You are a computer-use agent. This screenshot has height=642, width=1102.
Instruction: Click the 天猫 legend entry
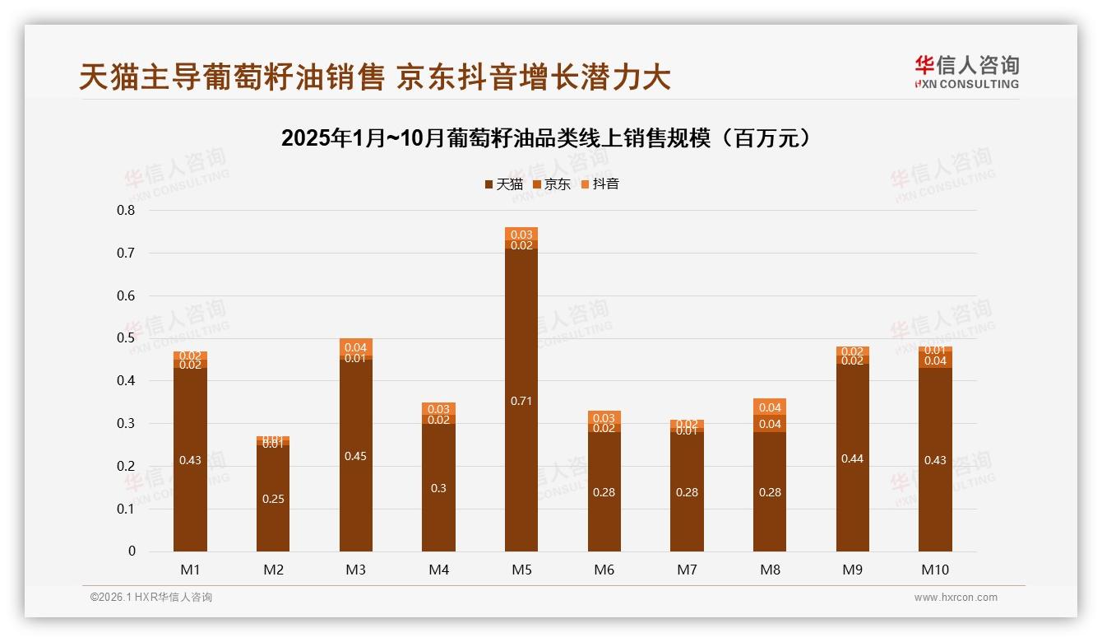coord(503,184)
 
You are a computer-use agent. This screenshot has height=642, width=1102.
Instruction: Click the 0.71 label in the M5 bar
coord(521,401)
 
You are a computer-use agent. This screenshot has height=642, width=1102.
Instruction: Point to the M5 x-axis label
coord(521,570)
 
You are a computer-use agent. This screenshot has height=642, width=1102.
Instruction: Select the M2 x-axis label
coord(273,570)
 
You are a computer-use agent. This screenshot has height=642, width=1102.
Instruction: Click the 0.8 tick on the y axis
coord(126,210)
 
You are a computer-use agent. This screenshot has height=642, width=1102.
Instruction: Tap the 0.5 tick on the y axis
coord(126,338)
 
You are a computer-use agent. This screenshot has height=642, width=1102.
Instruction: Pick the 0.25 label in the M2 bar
coord(273,499)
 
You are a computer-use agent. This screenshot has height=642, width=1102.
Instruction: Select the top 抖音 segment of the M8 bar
coord(770,407)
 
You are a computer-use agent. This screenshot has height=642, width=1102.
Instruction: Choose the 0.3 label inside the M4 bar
coord(438,488)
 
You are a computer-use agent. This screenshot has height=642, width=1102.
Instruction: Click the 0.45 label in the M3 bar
coord(355,456)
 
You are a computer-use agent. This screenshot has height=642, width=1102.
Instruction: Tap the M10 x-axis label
coord(935,570)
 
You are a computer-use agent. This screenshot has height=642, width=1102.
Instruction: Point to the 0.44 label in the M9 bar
coord(853,458)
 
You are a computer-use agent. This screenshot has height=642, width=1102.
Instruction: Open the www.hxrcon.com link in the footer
coord(956,598)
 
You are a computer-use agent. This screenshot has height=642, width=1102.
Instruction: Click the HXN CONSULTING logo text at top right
coord(967,84)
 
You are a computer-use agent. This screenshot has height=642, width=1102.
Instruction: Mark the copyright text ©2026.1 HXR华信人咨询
coord(151,598)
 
